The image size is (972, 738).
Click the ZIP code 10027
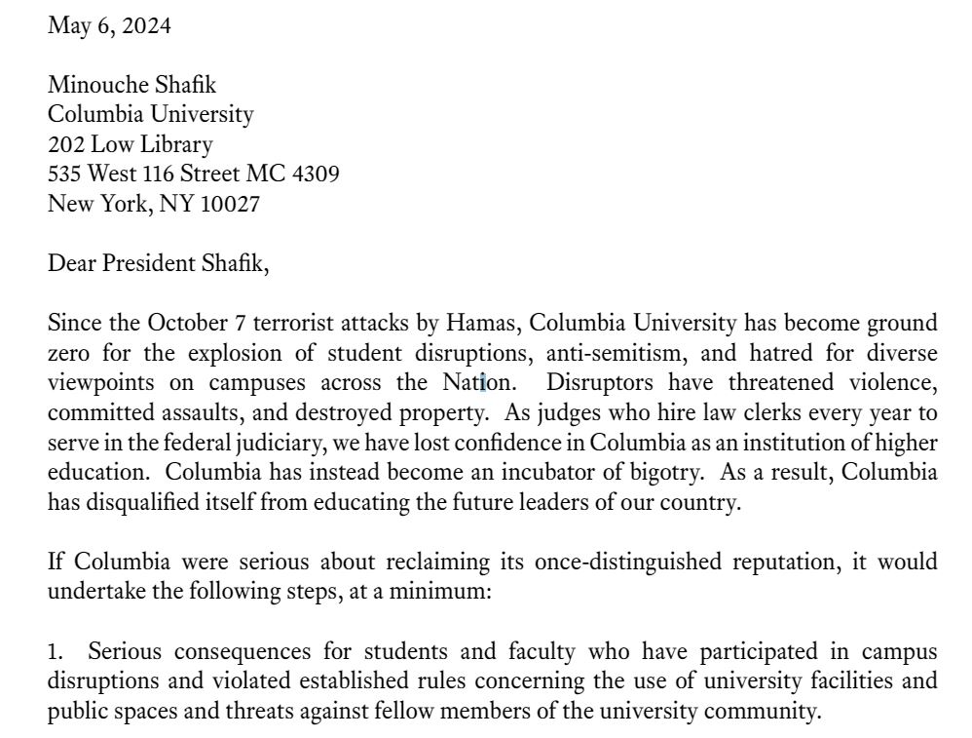230,205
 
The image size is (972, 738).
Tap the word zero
70,352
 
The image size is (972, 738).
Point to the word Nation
469,382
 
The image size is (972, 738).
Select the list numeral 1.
55,651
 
